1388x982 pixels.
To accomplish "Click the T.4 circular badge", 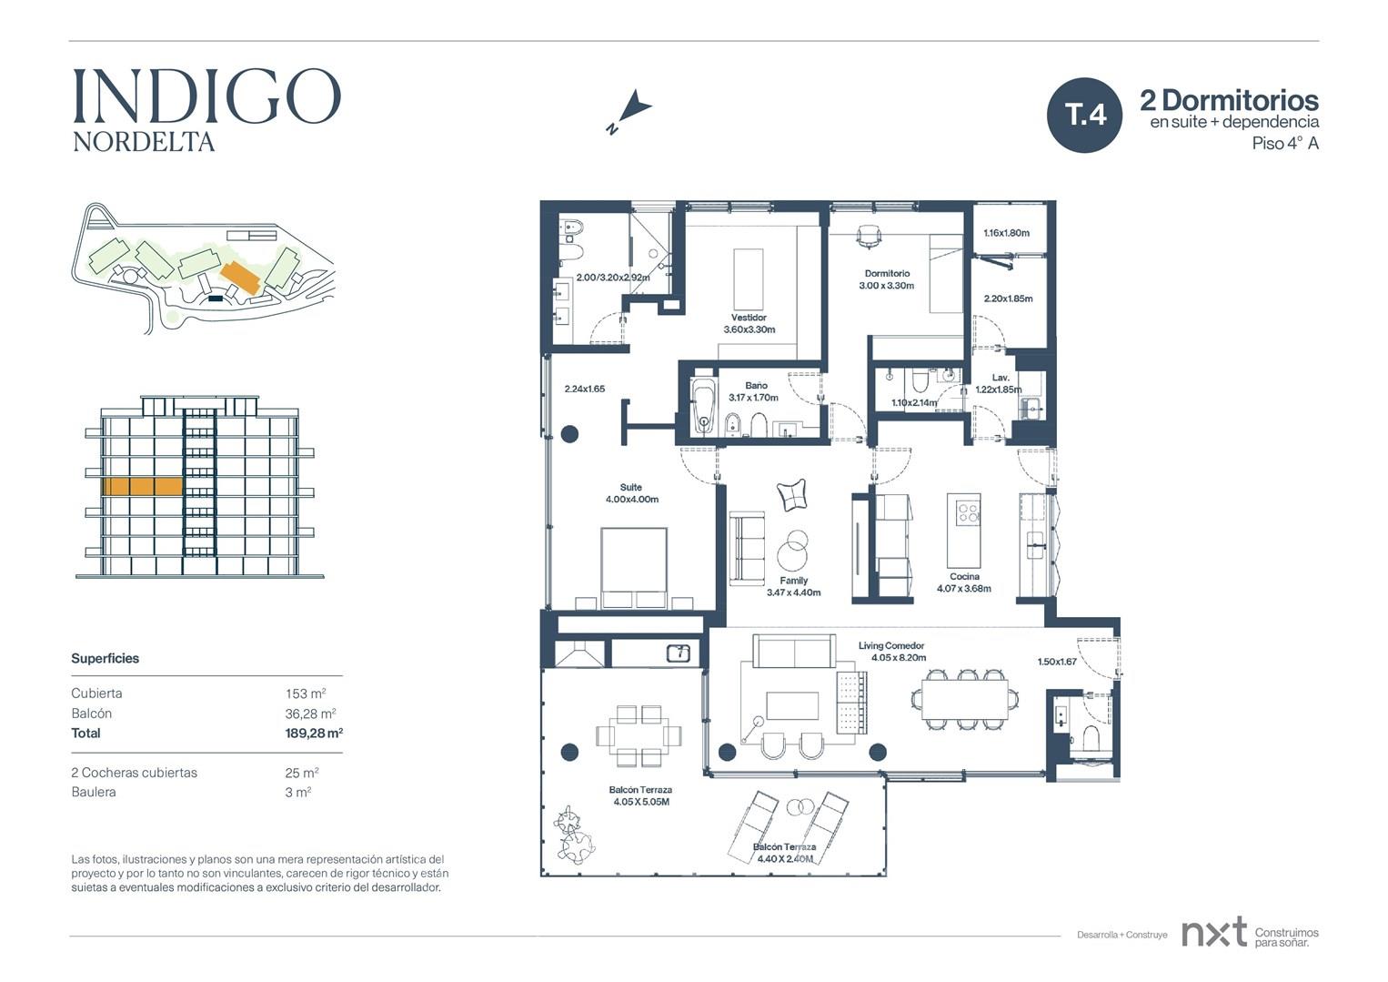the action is point(1084,116).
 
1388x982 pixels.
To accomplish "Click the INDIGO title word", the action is point(207,96).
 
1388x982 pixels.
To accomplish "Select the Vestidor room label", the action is point(749,318).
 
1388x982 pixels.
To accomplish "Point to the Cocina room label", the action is point(964,577).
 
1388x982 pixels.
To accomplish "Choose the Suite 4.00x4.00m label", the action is point(631,493).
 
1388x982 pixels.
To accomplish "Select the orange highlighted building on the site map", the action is point(240,278).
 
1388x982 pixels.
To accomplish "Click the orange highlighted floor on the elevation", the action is point(142,486).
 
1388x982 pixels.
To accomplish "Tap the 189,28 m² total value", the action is point(314,733).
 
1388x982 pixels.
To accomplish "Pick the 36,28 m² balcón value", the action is point(310,714).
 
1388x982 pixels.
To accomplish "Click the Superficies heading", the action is point(106,658).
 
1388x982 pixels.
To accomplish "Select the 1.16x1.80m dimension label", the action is point(1006,233).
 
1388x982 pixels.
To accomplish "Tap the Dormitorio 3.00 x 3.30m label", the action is point(887,279).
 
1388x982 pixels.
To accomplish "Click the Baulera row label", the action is point(94,793).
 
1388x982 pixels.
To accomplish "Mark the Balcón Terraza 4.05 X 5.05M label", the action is point(640,796).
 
